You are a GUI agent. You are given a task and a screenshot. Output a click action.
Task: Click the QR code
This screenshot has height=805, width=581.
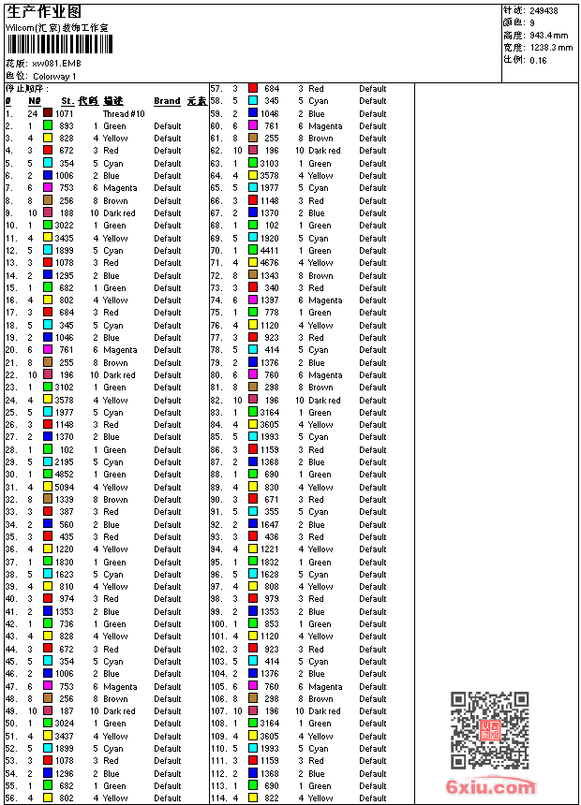(x=490, y=730)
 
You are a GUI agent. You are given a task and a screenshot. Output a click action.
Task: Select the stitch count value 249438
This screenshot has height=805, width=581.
(x=544, y=11)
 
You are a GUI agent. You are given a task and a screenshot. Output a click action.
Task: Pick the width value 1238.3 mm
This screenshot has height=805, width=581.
(x=550, y=47)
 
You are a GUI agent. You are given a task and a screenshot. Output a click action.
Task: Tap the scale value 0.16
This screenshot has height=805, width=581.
(x=538, y=59)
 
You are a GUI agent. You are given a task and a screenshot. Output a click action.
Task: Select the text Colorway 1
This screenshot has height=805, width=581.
(x=54, y=76)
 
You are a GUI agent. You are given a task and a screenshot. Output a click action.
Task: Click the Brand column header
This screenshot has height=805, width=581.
(x=167, y=101)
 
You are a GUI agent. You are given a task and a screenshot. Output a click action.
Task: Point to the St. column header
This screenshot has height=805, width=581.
(x=67, y=101)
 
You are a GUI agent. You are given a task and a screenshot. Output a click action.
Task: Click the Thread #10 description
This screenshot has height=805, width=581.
(x=124, y=113)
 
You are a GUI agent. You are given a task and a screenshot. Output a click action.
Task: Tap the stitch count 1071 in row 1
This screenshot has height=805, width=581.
(x=64, y=113)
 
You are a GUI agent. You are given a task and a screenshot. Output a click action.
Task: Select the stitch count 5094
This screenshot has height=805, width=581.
(x=64, y=487)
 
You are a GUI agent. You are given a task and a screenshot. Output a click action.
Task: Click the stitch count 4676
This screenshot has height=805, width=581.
(x=269, y=263)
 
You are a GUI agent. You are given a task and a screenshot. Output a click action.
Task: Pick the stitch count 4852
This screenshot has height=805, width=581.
(x=64, y=475)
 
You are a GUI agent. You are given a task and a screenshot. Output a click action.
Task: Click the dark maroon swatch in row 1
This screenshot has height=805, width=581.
(x=48, y=113)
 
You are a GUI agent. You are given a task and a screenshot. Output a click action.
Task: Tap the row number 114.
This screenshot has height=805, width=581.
(x=217, y=798)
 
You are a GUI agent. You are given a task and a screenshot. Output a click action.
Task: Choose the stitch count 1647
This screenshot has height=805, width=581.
(x=269, y=524)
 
